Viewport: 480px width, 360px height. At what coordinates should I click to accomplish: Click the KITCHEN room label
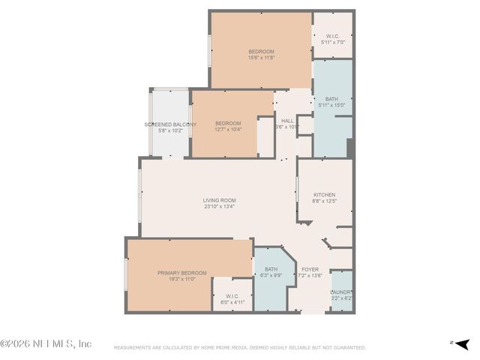coord(324,194)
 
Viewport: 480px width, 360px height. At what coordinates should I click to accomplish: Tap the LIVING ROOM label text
coord(220,200)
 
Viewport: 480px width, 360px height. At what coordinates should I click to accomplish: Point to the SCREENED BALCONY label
coord(170,124)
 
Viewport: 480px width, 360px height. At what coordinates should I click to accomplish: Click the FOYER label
coord(310,269)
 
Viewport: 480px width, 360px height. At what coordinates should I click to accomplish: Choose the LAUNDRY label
coord(341,292)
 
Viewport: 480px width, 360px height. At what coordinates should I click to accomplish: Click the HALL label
coord(287,121)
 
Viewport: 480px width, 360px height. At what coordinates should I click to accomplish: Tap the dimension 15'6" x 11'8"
coord(262,58)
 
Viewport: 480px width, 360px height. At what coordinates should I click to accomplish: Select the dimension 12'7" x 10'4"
coord(228,130)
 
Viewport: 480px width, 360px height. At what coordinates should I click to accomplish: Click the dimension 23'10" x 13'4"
coord(220,207)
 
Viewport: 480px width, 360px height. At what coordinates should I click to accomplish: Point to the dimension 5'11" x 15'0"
coord(331,105)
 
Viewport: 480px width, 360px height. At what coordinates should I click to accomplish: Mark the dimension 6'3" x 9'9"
coord(271,275)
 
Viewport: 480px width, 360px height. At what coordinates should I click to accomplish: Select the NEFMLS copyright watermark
coord(46,343)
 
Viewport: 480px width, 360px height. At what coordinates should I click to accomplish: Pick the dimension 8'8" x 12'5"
coord(324,201)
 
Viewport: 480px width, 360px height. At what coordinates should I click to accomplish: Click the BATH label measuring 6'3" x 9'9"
coord(271,269)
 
